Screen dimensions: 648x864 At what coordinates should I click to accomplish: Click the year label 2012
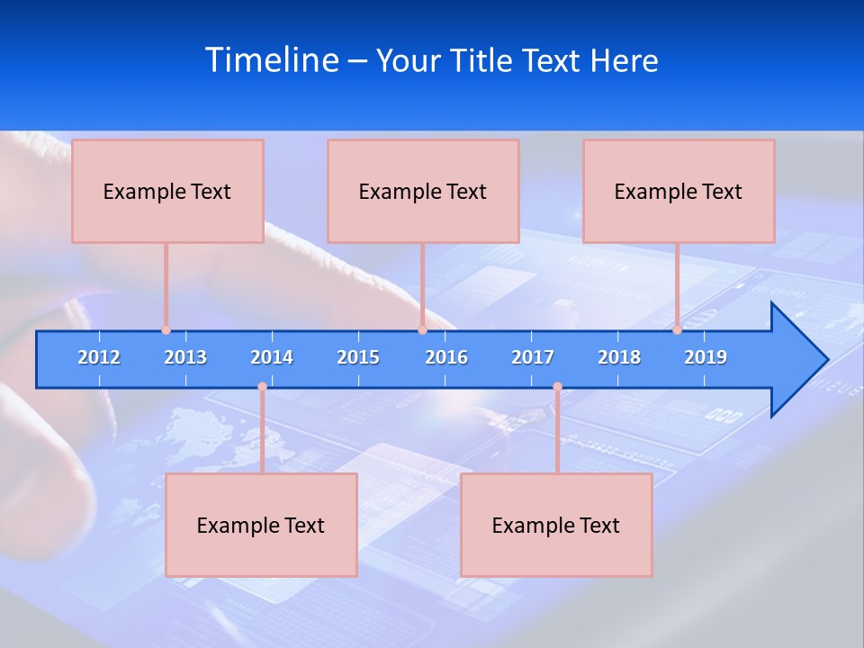99,357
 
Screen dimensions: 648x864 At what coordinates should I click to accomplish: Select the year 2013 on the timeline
185,357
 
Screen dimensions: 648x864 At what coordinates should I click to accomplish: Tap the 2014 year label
272,357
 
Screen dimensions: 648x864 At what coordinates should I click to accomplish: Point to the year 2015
358,357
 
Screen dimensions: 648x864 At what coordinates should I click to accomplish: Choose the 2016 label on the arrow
446,357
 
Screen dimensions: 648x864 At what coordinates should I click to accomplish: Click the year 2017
533,357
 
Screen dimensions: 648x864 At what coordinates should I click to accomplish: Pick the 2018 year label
619,357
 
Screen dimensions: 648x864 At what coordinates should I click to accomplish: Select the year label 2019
706,357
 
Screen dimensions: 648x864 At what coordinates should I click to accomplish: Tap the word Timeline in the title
272,60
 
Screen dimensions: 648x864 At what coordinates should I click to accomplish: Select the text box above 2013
167,191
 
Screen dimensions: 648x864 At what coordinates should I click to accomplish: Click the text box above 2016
423,191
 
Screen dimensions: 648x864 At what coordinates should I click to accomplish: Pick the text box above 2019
679,191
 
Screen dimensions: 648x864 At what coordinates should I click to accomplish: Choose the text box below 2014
261,525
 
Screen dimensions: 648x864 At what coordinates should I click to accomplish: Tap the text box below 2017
556,525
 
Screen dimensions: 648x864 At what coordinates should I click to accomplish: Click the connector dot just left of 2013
166,329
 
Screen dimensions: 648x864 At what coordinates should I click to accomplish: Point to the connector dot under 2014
262,387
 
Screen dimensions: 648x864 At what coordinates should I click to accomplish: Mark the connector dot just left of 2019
677,329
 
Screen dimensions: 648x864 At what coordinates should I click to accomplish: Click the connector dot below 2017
557,387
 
